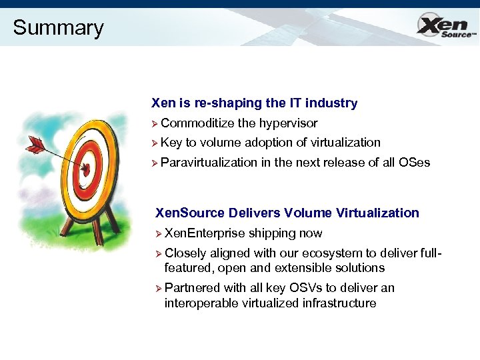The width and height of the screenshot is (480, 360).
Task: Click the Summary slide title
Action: [x=58, y=28]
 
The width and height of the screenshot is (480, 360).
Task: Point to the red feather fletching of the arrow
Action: [x=34, y=143]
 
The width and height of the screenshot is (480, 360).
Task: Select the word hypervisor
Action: [x=288, y=123]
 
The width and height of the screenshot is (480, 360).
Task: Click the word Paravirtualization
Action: [x=209, y=162]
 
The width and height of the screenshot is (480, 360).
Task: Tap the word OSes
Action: [x=414, y=162]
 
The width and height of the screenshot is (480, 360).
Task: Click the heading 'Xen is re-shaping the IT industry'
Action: [x=254, y=103]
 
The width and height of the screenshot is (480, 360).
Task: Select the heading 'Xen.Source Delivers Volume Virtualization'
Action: [x=287, y=213]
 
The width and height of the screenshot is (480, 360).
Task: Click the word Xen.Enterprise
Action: [x=205, y=233]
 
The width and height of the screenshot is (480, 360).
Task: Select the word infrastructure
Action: [x=339, y=303]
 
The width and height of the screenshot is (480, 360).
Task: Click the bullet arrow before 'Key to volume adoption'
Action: [x=155, y=143]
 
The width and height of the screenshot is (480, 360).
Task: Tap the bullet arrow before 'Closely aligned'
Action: [x=159, y=253]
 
